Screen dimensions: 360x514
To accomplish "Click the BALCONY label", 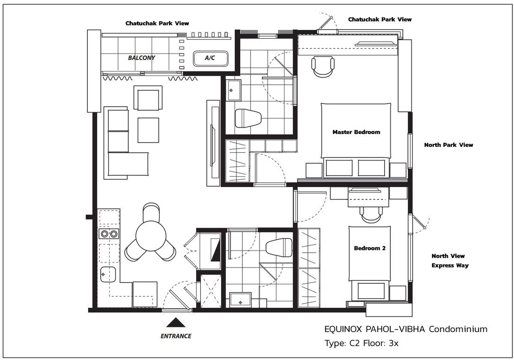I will (x=141, y=57).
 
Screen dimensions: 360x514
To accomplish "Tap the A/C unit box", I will (x=209, y=58).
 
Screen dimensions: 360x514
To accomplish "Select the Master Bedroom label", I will (x=356, y=132).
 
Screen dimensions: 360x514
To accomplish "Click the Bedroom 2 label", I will (x=369, y=248).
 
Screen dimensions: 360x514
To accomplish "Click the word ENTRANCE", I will (x=176, y=336).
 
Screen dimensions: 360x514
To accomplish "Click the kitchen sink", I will (x=108, y=274).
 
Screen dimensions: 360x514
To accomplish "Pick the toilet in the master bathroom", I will (x=248, y=118).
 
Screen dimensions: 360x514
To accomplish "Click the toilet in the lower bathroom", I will (x=278, y=247).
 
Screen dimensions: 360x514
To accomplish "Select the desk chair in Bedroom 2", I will (x=371, y=213).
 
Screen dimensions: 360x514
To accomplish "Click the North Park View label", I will (x=448, y=145).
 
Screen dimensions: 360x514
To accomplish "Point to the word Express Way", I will (x=450, y=265).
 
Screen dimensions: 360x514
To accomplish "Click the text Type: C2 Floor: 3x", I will (x=362, y=343).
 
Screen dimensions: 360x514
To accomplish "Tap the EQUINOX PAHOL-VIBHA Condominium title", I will (x=406, y=329).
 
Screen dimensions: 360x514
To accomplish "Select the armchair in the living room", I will (x=148, y=98).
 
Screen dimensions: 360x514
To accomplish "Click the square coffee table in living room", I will (x=148, y=130).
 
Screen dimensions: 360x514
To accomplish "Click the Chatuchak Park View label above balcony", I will (x=157, y=23).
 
